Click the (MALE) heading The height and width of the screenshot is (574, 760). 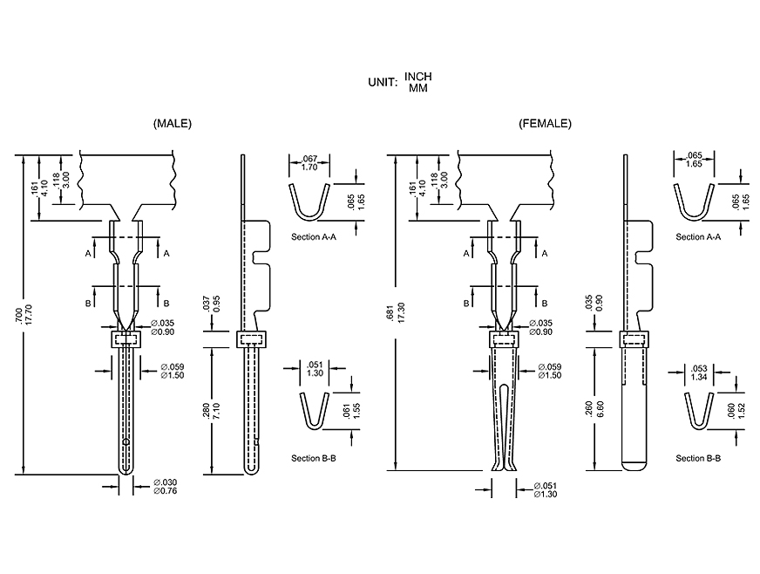coord(172,124)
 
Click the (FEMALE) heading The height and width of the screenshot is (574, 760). coord(545,124)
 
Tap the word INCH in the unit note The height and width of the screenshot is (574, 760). coord(417,77)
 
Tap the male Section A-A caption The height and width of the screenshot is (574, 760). coord(314,236)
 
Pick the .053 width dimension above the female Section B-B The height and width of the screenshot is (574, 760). coord(697,371)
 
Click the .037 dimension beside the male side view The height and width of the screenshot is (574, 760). coord(206,304)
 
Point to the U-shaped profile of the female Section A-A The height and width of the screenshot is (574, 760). coord(695,204)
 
